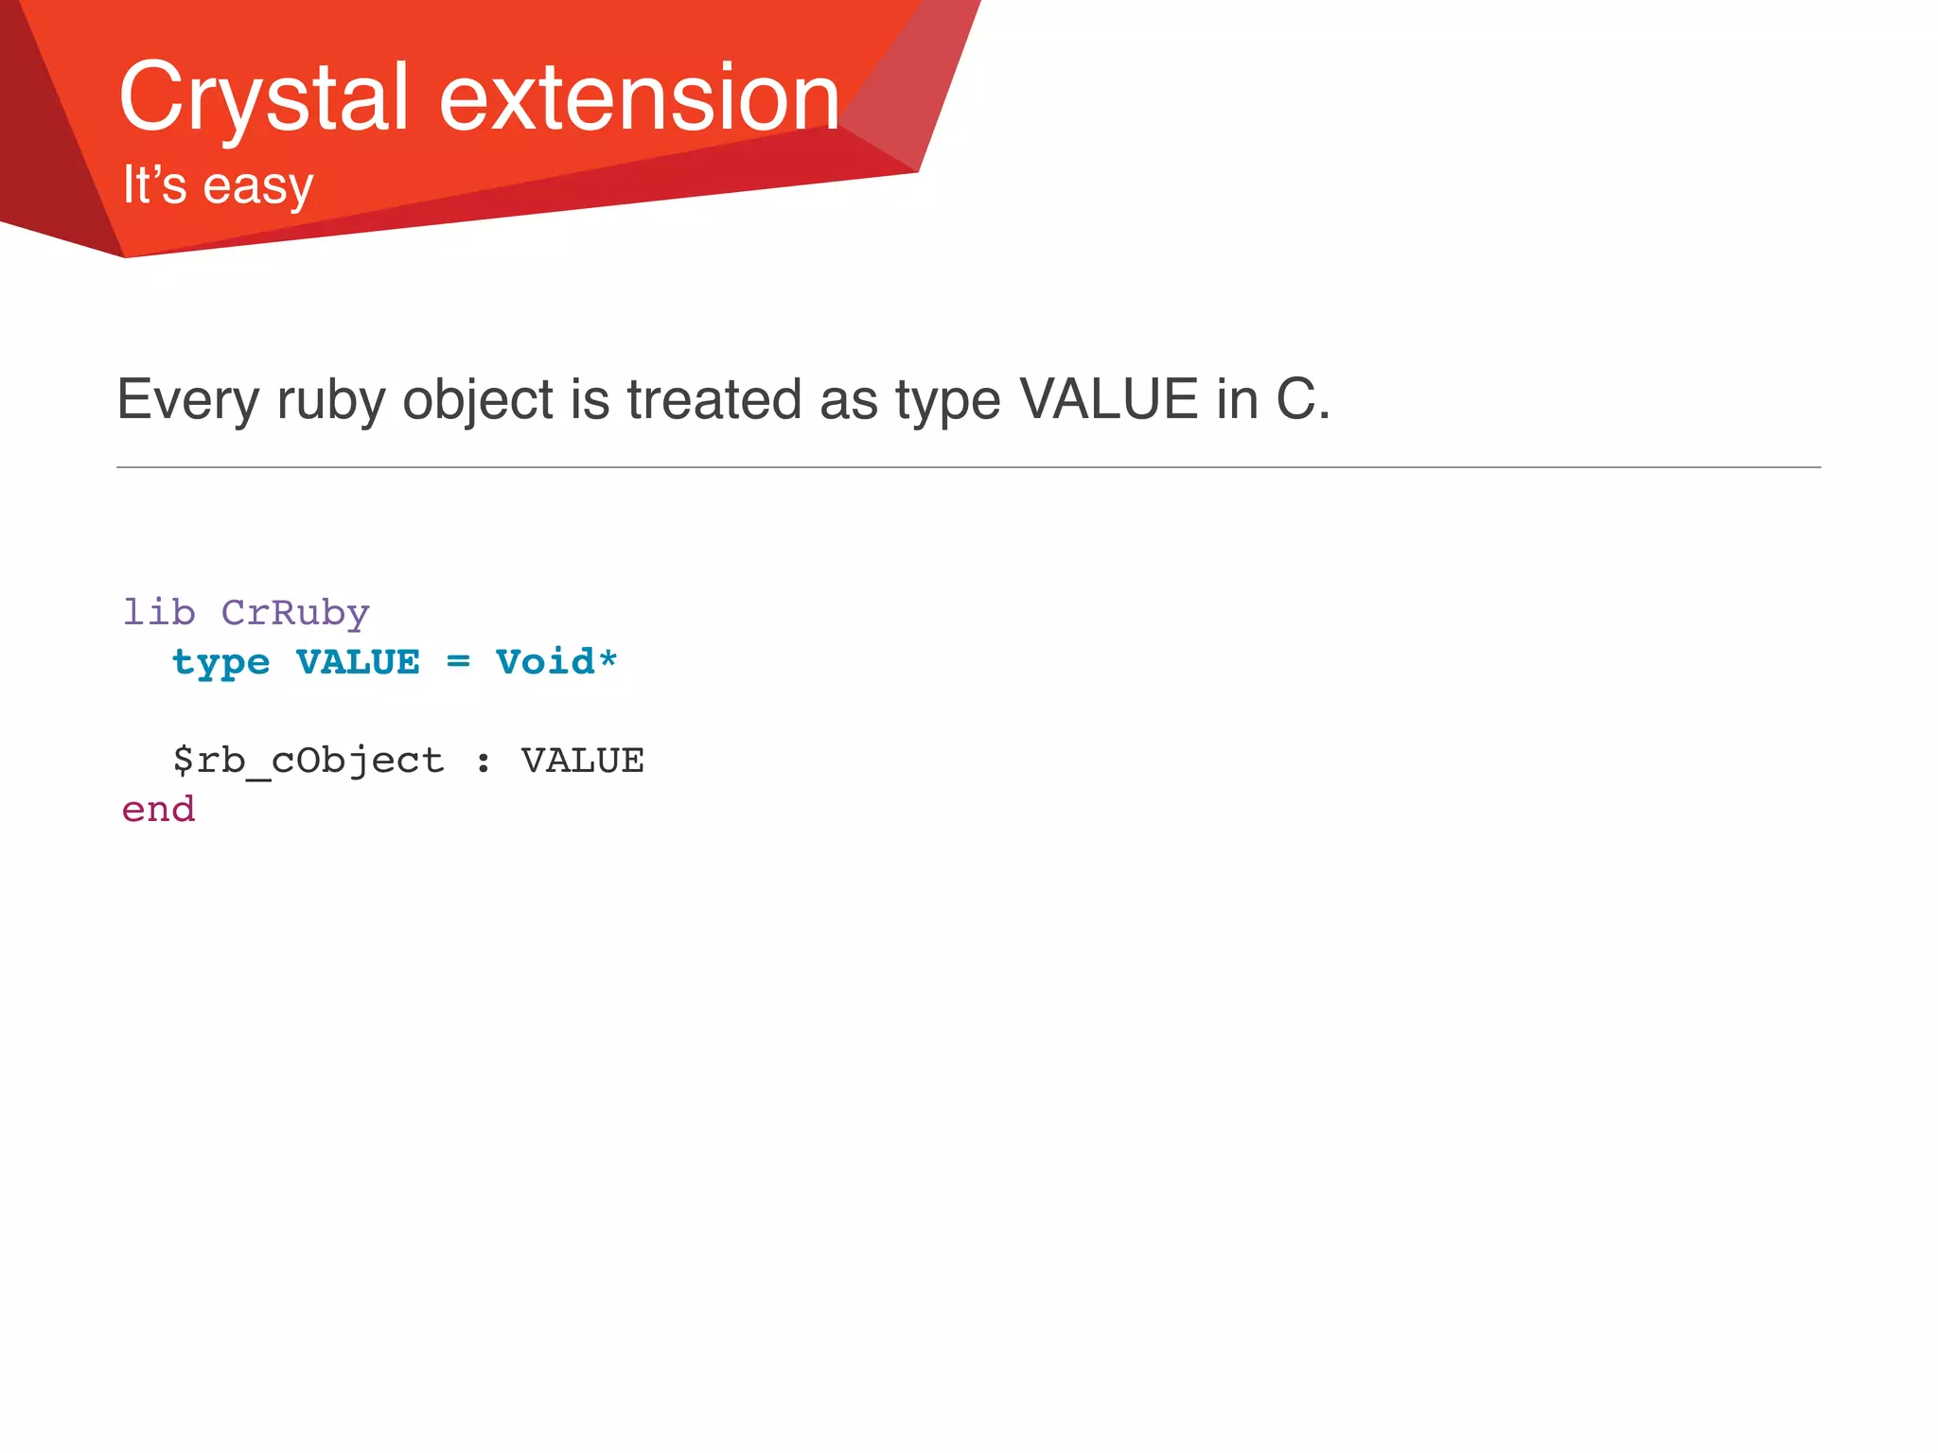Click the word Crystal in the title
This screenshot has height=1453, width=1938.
click(x=263, y=97)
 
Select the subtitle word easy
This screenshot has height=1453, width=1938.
click(x=257, y=185)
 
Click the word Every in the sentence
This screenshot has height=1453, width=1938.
click(x=187, y=399)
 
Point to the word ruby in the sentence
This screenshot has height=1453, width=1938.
click(x=330, y=399)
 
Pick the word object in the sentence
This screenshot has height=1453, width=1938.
click(x=477, y=399)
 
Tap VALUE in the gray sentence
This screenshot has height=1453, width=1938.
click(x=1108, y=399)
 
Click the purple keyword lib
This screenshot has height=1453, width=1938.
click(x=159, y=613)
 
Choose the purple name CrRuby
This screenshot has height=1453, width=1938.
click(x=295, y=613)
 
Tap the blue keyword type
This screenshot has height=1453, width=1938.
click(x=220, y=662)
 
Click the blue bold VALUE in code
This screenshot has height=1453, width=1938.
click(x=358, y=662)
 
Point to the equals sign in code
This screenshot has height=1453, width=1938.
click(x=458, y=662)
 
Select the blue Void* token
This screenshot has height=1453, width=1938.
click(x=556, y=662)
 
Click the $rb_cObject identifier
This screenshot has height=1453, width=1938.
click(x=308, y=761)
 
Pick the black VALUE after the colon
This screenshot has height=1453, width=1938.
click(x=582, y=761)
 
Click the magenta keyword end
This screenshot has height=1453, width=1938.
click(x=159, y=810)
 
